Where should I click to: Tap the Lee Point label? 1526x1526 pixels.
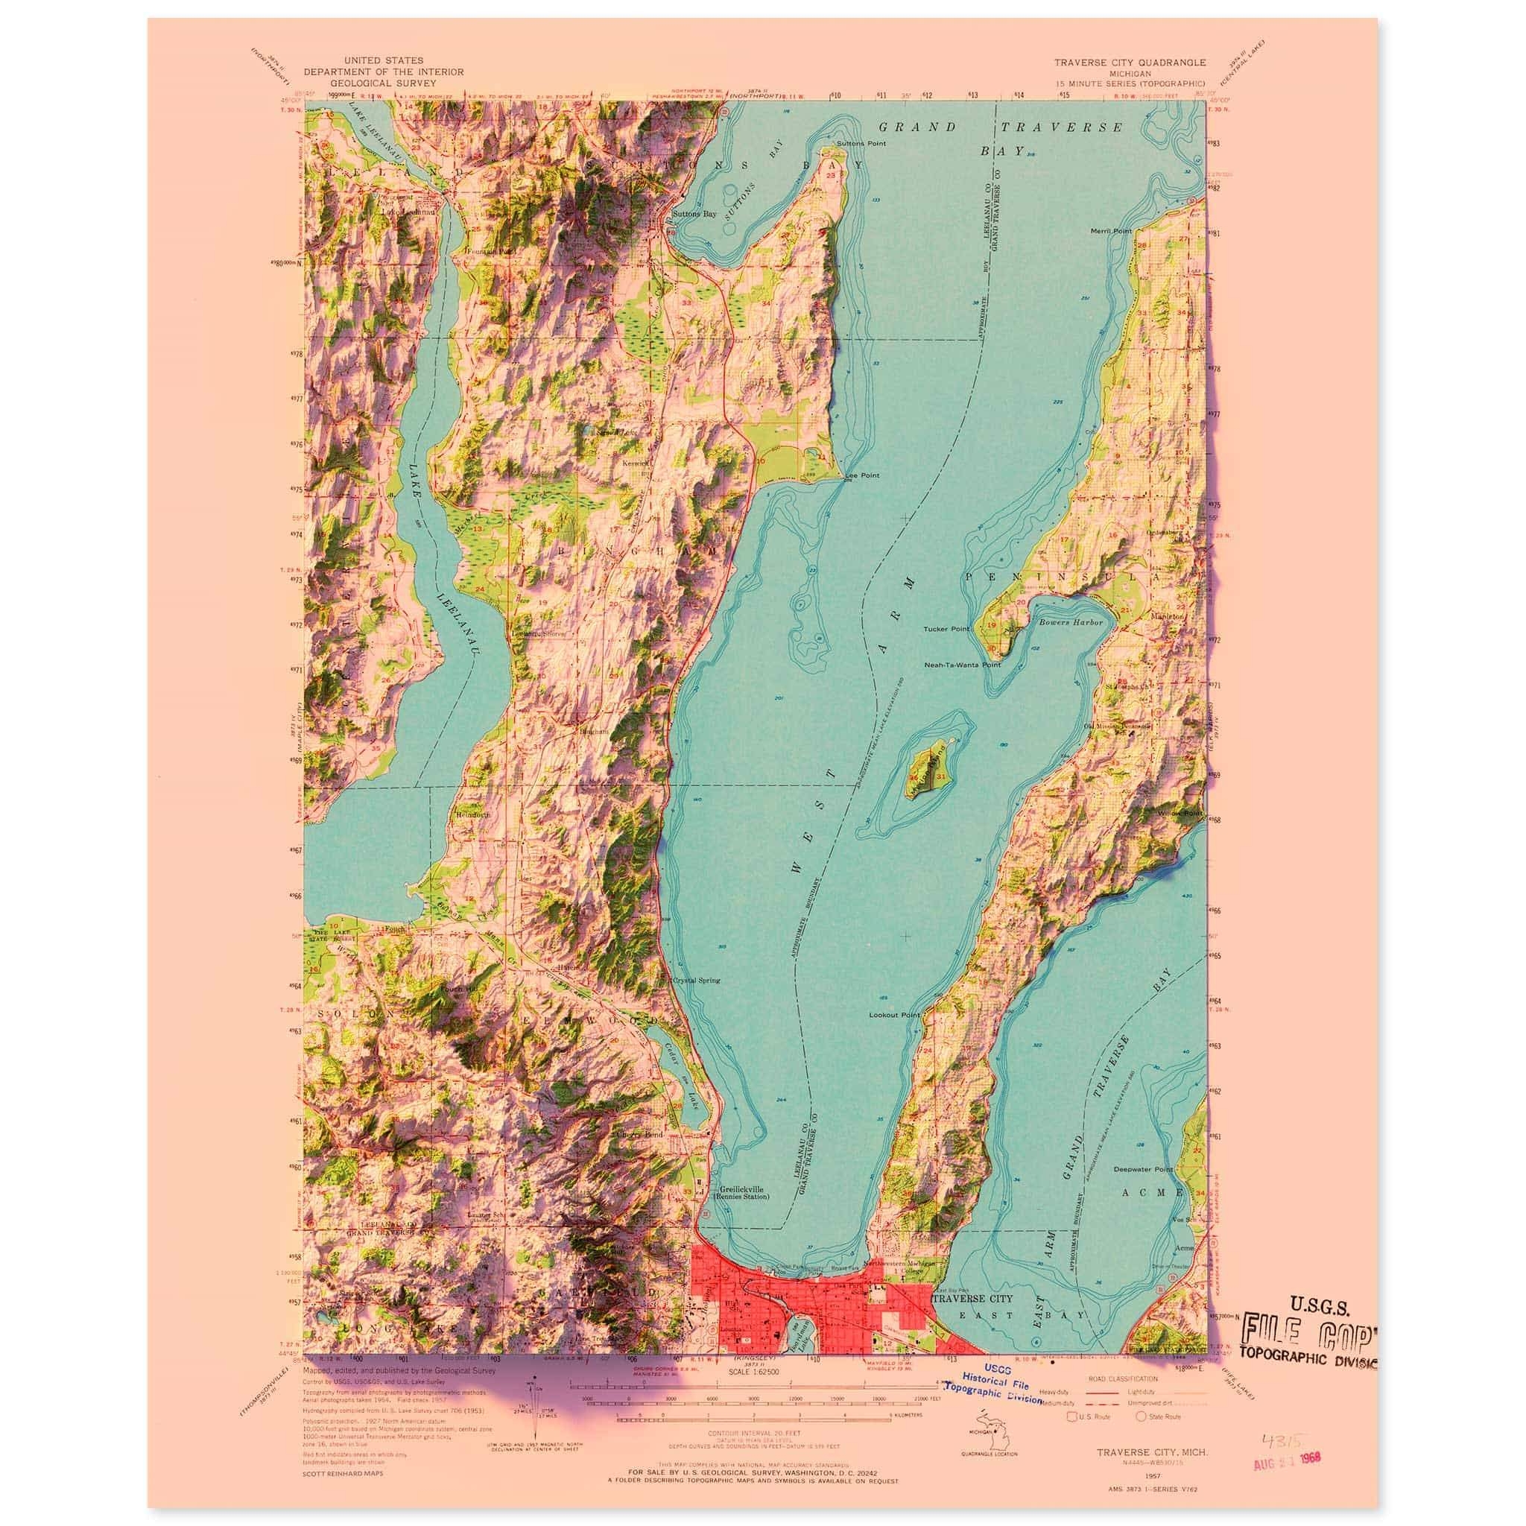tap(863, 476)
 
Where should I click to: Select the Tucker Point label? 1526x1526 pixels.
tap(946, 630)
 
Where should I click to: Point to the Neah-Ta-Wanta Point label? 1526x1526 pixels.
tap(962, 665)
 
